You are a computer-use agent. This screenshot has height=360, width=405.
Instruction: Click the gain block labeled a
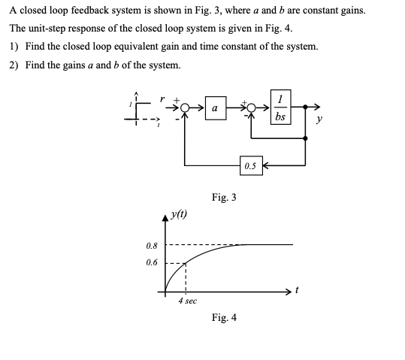[216, 109]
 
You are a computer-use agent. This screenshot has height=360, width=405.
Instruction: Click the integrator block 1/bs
[280, 108]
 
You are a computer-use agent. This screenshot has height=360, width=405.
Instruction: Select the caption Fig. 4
[224, 317]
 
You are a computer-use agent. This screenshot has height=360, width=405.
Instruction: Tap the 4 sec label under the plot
[187, 301]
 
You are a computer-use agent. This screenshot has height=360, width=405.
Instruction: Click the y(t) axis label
[180, 216]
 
